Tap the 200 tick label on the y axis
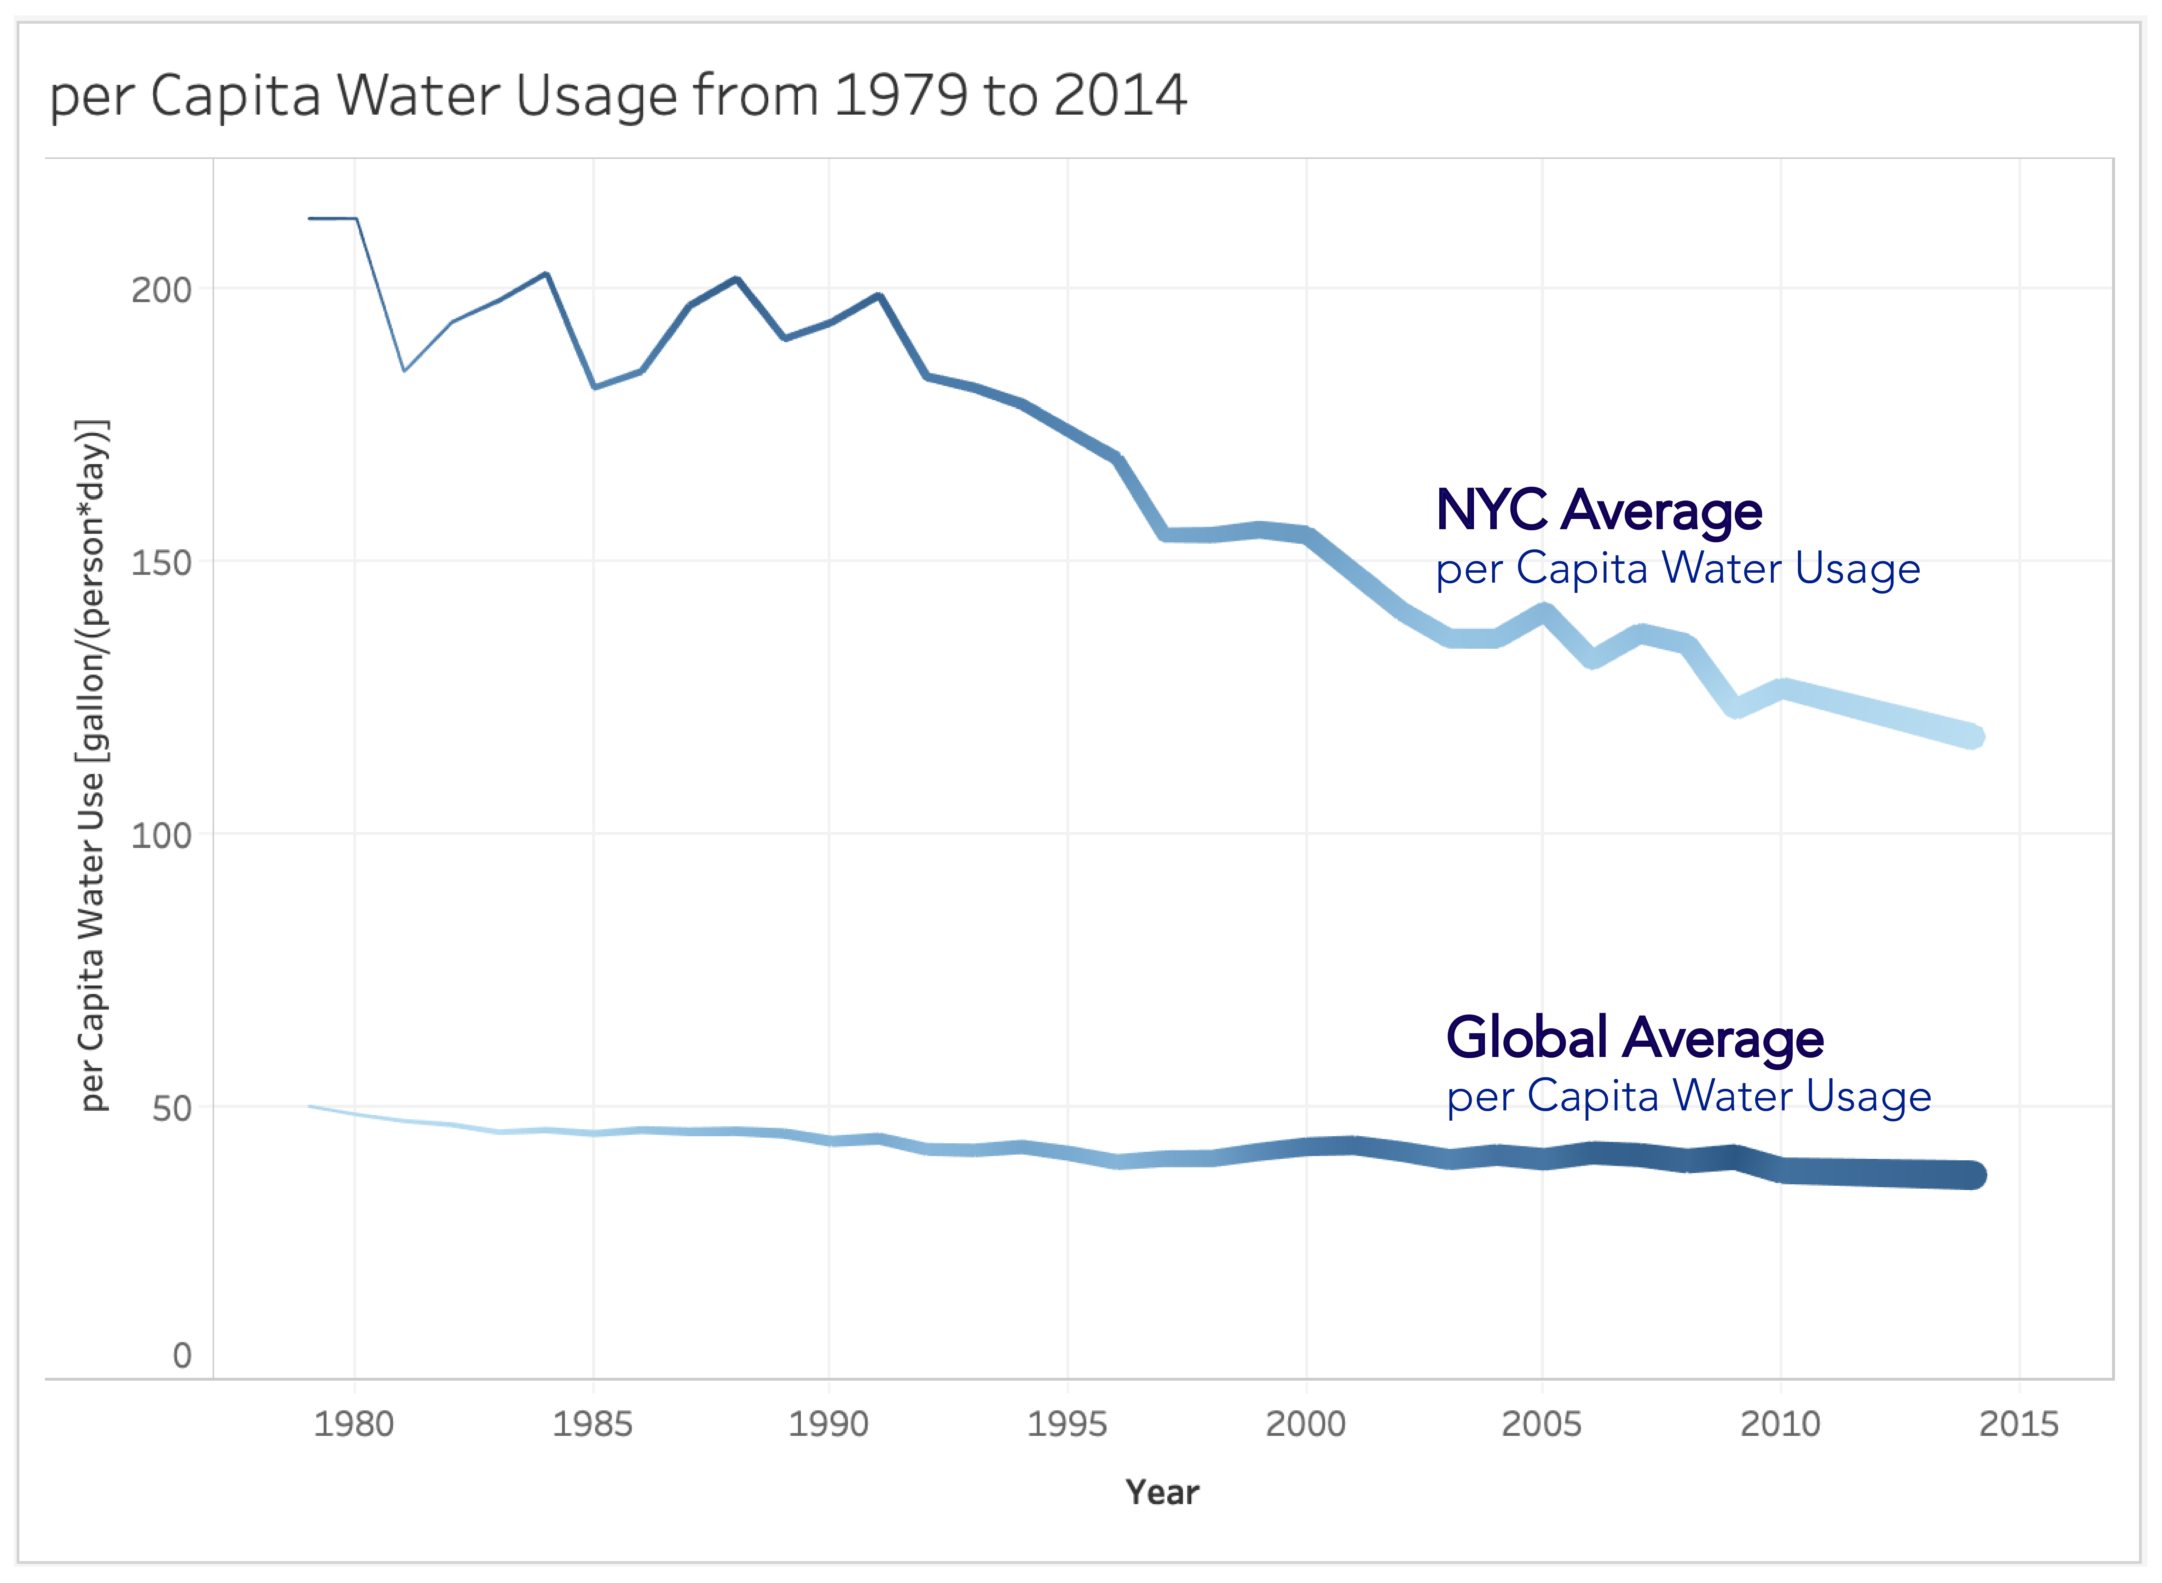click(161, 289)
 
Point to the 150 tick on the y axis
click(161, 562)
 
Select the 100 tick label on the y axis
click(161, 836)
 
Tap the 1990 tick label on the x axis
click(828, 1424)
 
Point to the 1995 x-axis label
click(1067, 1424)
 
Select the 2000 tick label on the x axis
click(1306, 1424)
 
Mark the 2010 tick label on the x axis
click(1780, 1424)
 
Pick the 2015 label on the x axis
click(2018, 1424)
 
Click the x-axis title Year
click(1162, 1492)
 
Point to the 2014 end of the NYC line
click(1971, 736)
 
